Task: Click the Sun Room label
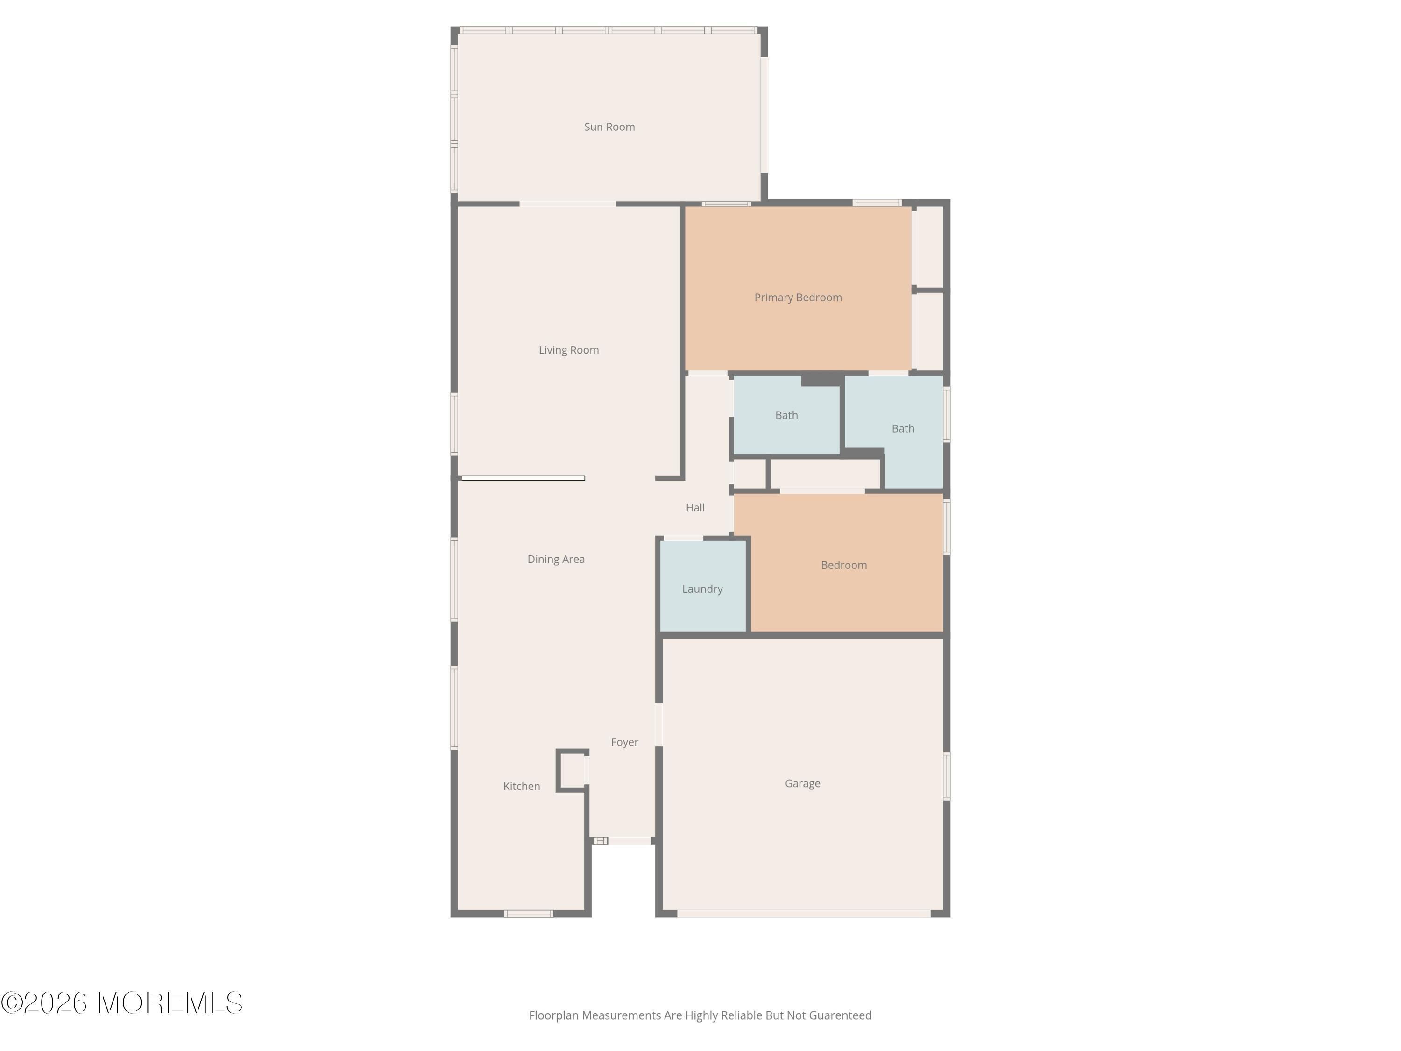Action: tap(609, 127)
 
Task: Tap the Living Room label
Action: tap(569, 350)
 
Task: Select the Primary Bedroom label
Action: tap(798, 298)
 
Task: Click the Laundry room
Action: tap(703, 586)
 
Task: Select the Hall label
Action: tap(695, 507)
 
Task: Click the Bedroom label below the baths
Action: tap(844, 565)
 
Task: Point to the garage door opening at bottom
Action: tap(804, 914)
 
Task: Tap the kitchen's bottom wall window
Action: tap(529, 914)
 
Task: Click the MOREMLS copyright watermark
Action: tap(121, 1003)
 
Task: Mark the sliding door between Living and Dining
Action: tap(523, 478)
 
